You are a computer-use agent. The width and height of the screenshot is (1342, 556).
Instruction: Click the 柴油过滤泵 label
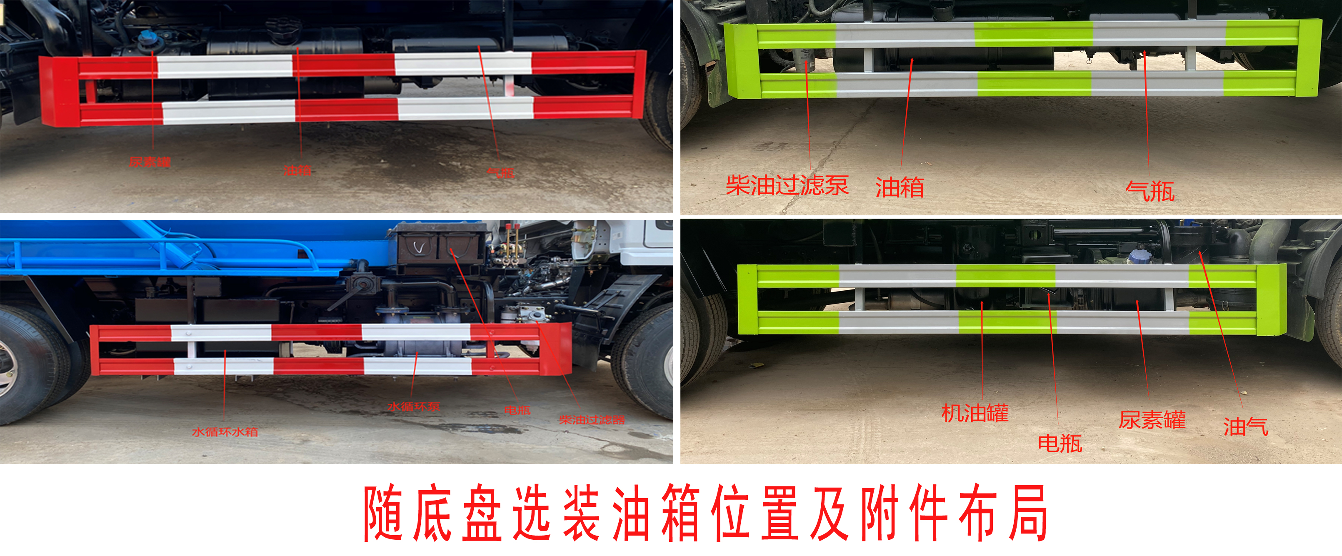point(787,185)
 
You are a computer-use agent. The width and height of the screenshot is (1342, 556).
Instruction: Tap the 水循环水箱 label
point(225,431)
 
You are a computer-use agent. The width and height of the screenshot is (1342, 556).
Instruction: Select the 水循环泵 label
point(414,406)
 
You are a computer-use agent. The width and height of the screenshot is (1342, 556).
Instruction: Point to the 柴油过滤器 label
point(591,420)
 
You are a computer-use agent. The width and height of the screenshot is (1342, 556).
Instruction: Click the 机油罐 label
point(975,413)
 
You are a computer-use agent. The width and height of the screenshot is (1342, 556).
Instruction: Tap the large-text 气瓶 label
point(1150,191)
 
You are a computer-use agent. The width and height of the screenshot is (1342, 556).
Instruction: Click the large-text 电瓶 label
point(1060,444)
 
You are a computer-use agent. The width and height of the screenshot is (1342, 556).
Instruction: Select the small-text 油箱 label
point(297,170)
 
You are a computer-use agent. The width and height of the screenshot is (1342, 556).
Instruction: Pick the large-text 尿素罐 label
point(1152,420)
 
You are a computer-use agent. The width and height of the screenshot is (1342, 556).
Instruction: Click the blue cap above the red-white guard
point(147,37)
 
